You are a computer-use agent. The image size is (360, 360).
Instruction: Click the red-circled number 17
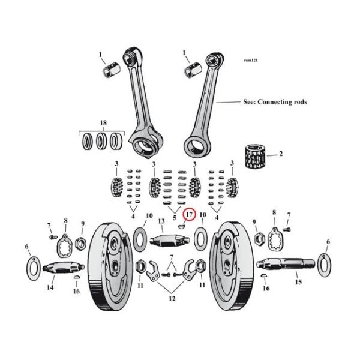[188, 215]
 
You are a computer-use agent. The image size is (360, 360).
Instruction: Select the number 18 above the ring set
[103, 123]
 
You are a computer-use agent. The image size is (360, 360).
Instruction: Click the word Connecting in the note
[275, 102]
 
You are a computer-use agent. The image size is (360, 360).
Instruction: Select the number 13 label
[161, 221]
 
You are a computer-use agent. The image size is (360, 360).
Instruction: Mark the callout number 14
[50, 288]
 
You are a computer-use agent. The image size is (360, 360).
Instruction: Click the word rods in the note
[300, 102]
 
